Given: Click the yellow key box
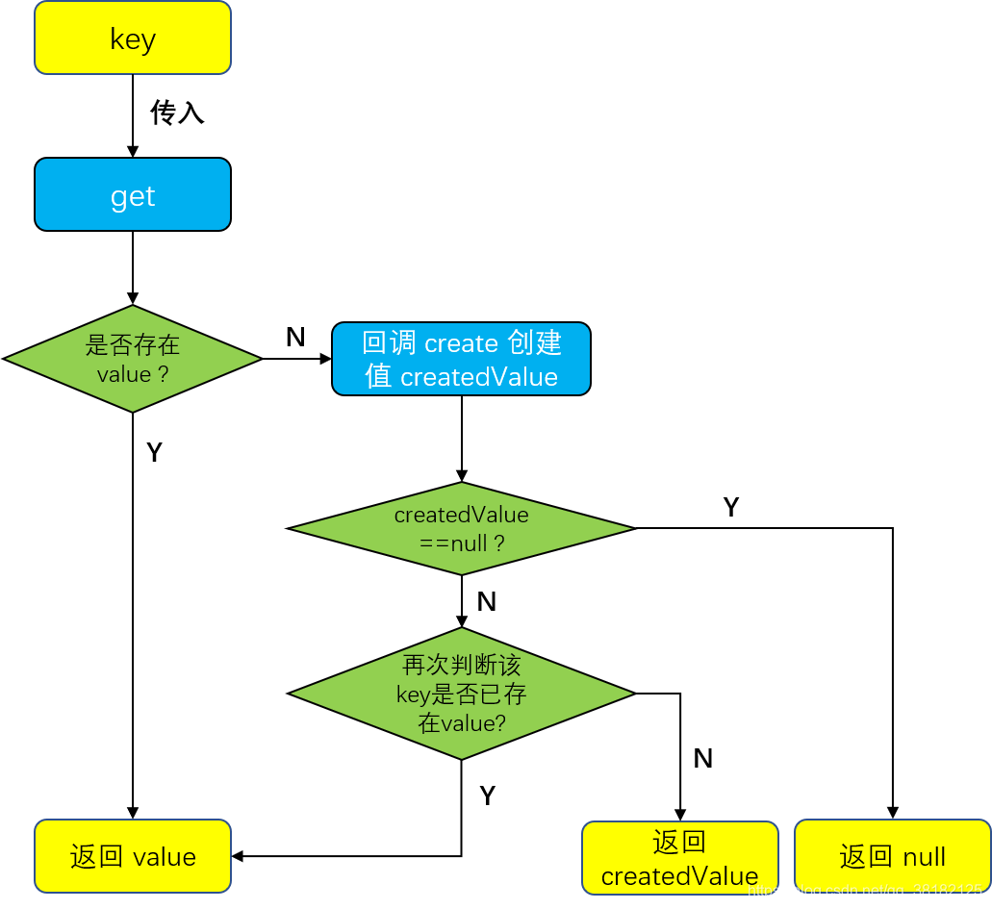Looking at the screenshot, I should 133,38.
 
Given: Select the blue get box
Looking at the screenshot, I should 133,195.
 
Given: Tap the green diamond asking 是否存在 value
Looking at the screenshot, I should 133,359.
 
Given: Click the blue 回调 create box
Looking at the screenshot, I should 461,359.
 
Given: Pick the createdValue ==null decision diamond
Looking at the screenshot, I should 461,528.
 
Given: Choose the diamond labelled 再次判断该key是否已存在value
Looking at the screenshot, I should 461,694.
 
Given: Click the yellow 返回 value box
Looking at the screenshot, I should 133,856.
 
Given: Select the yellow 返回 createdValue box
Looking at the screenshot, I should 679,858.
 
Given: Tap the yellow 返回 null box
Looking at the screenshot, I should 892,856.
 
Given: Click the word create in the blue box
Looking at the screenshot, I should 461,343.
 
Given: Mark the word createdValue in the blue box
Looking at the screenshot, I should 479,377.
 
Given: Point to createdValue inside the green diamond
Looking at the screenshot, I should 461,515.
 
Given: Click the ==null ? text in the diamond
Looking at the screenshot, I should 461,543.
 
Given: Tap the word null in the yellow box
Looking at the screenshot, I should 924,857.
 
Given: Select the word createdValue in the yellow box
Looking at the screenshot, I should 679,876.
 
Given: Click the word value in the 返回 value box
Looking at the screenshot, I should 165,857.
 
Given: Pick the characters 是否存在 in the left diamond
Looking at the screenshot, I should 133,344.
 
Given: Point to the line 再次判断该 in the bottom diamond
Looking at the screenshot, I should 461,665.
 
